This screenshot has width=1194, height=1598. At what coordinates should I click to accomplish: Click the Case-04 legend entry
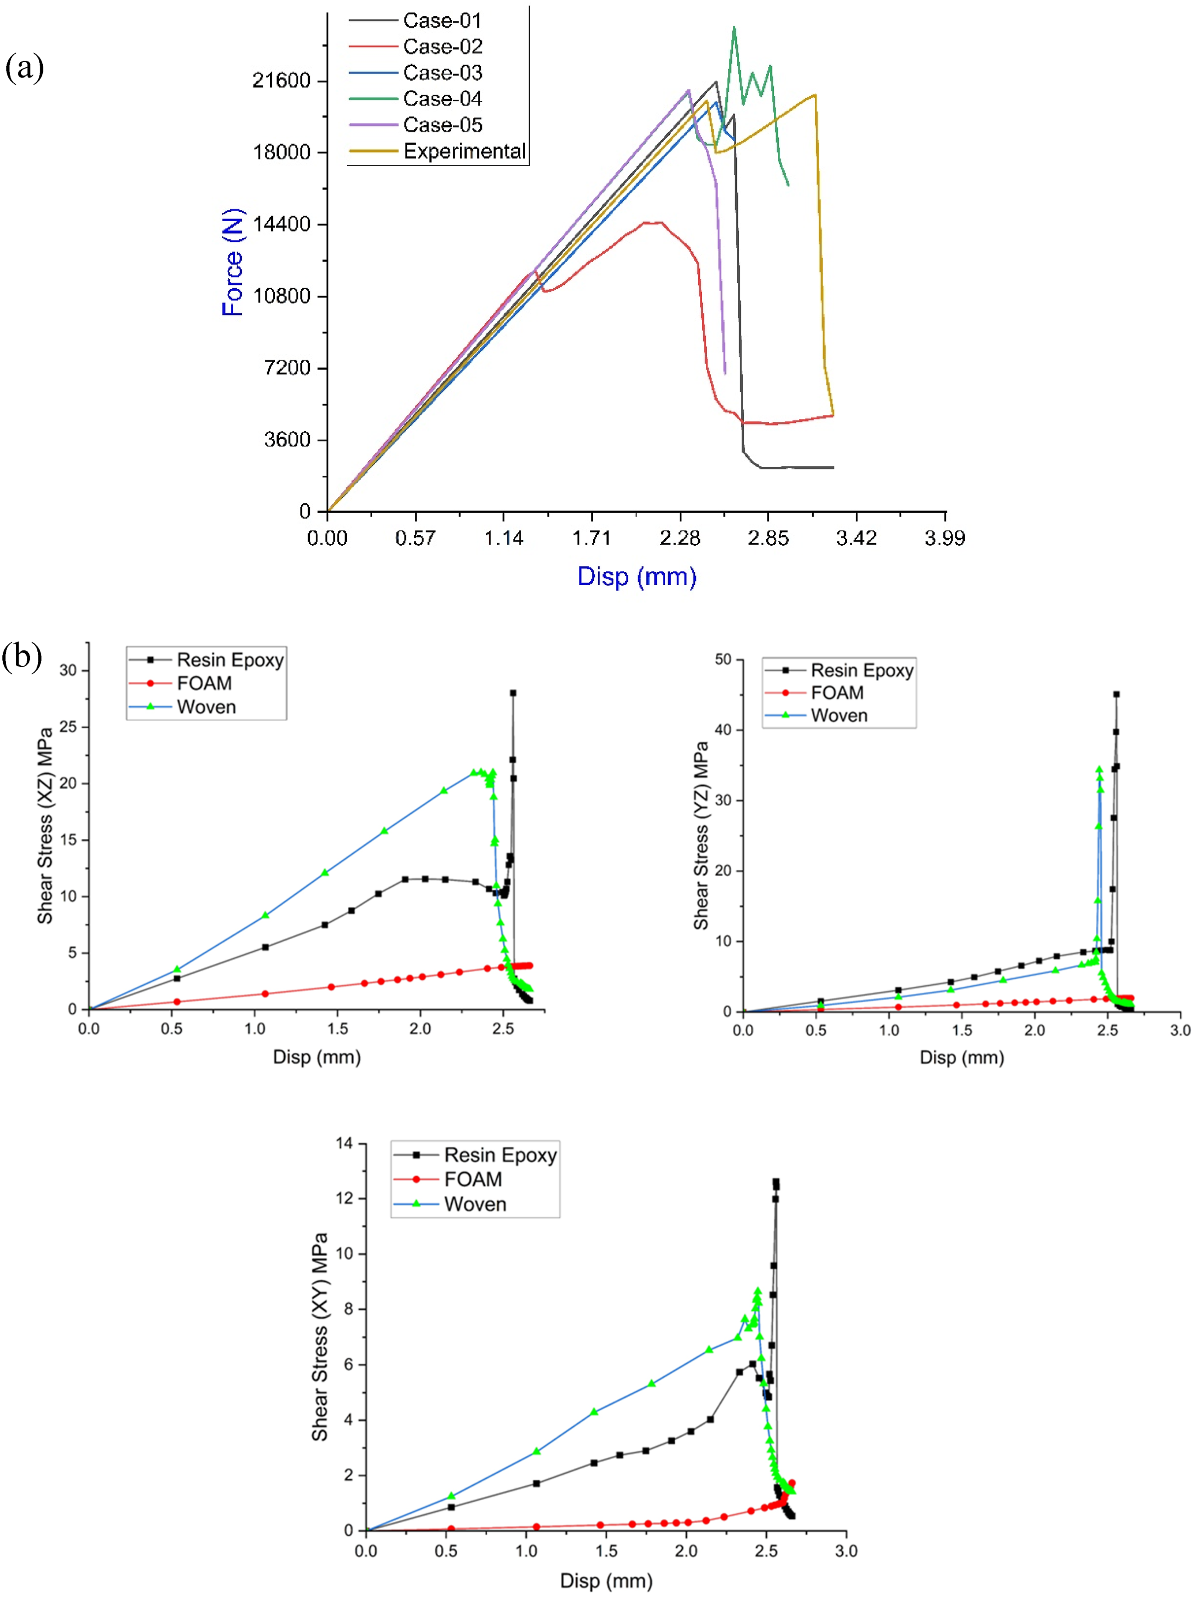pos(415,99)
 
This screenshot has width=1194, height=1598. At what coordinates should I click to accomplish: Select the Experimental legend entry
pos(437,151)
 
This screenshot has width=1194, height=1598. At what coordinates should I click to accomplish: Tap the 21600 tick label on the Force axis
pos(281,80)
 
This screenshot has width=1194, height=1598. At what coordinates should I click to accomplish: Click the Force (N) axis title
pos(232,262)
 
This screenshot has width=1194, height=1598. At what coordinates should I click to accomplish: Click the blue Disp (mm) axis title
pos(636,577)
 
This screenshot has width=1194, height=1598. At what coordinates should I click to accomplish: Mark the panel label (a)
pos(25,68)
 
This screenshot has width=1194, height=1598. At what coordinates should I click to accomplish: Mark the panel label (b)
pos(22,657)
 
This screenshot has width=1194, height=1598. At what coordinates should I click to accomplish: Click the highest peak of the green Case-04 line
pos(734,27)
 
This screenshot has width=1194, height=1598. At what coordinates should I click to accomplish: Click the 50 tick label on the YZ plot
pos(723,660)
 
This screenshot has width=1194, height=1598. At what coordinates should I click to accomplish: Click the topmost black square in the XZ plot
pos(513,693)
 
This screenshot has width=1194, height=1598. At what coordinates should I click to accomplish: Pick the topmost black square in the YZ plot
pos(1116,694)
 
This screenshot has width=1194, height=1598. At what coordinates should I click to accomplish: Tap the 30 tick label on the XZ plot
pos(68,670)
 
